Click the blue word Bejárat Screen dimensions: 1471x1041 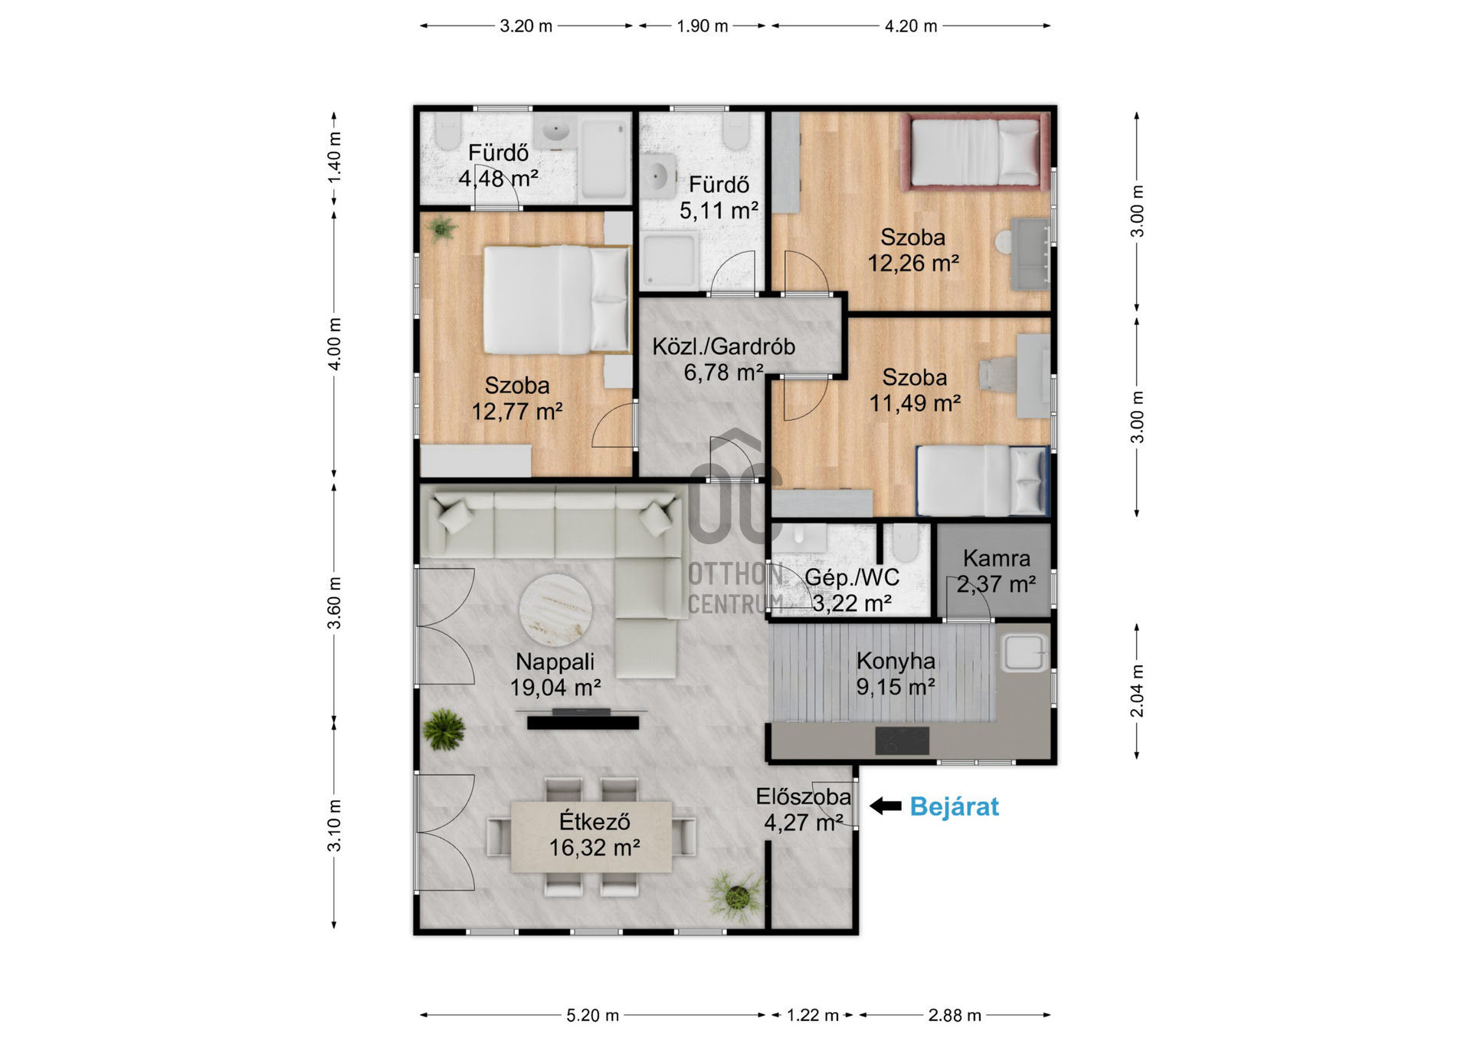954,806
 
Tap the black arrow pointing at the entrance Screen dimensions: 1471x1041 886,806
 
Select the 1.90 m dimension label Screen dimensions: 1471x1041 702,26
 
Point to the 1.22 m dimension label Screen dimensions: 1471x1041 812,1015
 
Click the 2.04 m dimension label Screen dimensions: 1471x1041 1138,691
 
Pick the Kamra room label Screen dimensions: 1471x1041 996,558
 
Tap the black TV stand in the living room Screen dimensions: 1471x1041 583,720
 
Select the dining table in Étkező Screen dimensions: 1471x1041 591,836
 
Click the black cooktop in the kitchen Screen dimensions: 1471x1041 902,741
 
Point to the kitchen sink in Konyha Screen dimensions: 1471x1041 1024,652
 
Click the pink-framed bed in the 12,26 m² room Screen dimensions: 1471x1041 977,152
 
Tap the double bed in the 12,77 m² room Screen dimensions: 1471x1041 557,299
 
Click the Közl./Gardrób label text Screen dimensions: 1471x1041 723,346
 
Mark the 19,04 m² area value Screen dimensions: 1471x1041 555,688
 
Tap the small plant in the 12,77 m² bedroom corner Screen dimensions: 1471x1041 441,228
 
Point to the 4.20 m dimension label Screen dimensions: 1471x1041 911,26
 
